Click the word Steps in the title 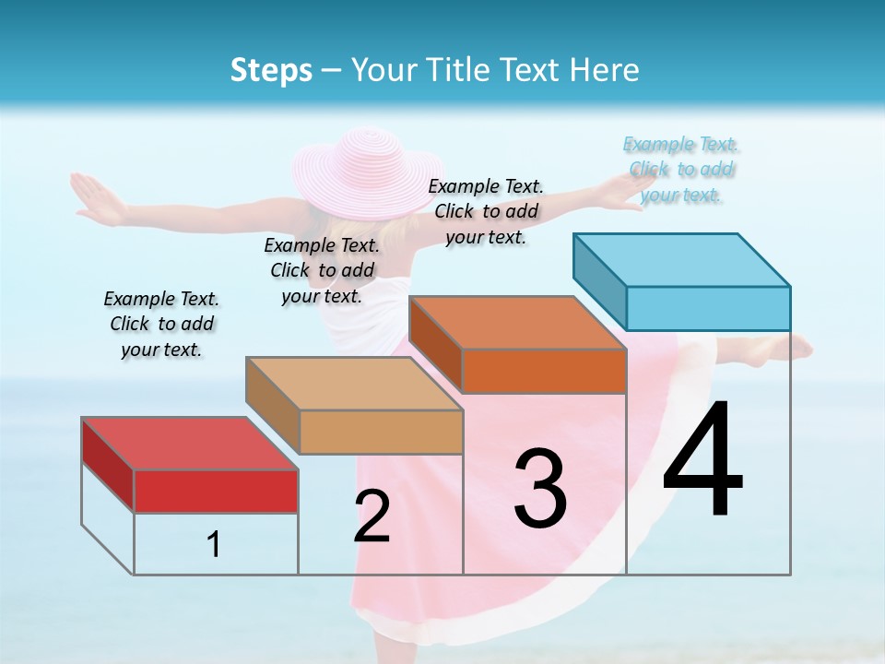pyautogui.click(x=271, y=70)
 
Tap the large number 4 pyautogui.click(x=702, y=462)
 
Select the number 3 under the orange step pyautogui.click(x=540, y=490)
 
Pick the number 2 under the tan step pyautogui.click(x=372, y=516)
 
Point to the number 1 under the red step pyautogui.click(x=214, y=545)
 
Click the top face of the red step pyautogui.click(x=189, y=444)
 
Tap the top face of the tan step pyautogui.click(x=353, y=384)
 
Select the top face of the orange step pyautogui.click(x=516, y=323)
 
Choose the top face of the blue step pyautogui.click(x=681, y=259)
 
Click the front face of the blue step pyautogui.click(x=708, y=308)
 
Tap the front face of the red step pyautogui.click(x=216, y=491)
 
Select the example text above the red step pyautogui.click(x=161, y=325)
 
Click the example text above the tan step pyautogui.click(x=322, y=270)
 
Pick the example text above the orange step pyautogui.click(x=486, y=211)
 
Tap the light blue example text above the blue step pyautogui.click(x=681, y=170)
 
